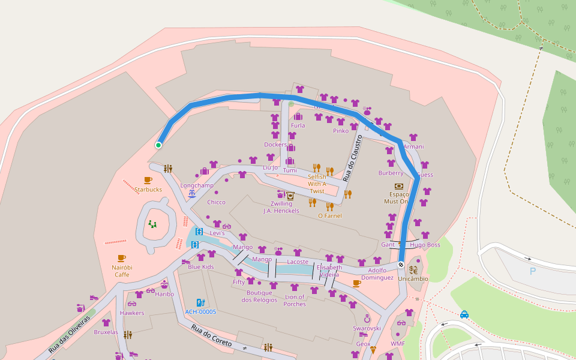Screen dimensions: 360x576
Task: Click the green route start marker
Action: tap(158, 145)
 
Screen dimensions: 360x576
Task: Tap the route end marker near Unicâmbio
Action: tap(401, 264)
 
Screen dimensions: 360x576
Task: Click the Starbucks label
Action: tap(148, 190)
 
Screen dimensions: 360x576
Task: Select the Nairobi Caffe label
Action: tap(122, 271)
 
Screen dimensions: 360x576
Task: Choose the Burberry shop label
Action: tap(391, 173)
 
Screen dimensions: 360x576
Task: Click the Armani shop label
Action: tap(413, 146)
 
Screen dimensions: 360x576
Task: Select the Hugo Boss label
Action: tap(425, 245)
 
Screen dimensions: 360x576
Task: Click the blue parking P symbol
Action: tap(532, 271)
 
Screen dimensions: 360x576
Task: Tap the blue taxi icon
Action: tap(464, 314)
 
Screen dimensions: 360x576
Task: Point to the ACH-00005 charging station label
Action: tap(200, 312)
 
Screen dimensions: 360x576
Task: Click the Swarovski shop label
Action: tap(367, 328)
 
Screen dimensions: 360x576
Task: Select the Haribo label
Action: tap(164, 294)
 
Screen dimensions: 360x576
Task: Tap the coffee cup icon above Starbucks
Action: tap(148, 180)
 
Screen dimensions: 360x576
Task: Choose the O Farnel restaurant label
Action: tap(329, 215)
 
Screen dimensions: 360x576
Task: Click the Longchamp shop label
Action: tap(197, 185)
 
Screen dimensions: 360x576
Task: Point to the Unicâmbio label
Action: tap(413, 278)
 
